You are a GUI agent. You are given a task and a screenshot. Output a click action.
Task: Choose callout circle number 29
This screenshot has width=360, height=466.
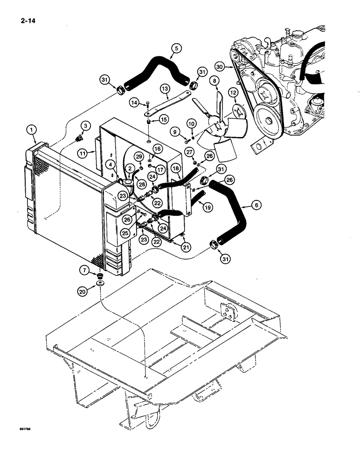tap(139, 156)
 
